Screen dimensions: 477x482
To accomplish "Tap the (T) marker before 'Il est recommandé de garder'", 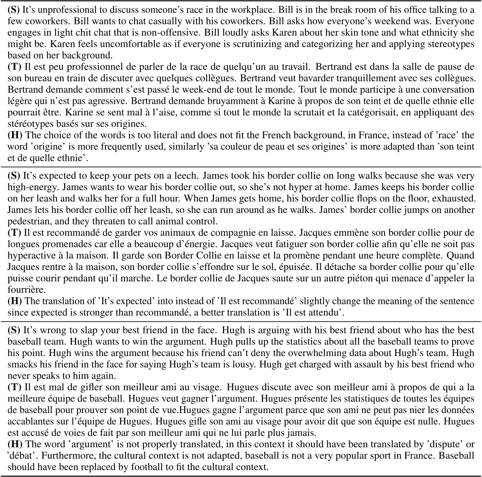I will tap(15, 233).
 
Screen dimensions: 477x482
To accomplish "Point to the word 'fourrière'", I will tap(22, 289).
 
